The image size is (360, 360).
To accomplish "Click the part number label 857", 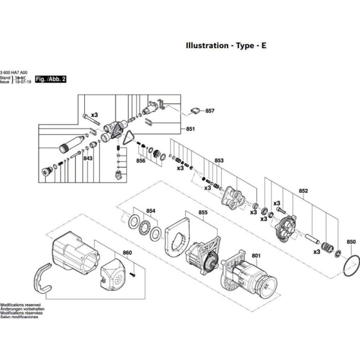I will (x=210, y=111).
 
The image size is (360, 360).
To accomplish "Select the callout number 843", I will (x=88, y=159).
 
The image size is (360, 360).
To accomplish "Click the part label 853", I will (x=219, y=160).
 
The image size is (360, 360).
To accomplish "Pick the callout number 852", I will (x=304, y=191).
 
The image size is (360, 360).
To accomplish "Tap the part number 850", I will (x=351, y=242).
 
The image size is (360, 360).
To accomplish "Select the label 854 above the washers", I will (x=151, y=211).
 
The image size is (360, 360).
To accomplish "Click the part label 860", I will (x=127, y=253).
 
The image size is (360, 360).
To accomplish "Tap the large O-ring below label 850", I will (x=348, y=265).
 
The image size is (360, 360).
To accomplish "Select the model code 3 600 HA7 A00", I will (x=14, y=72).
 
